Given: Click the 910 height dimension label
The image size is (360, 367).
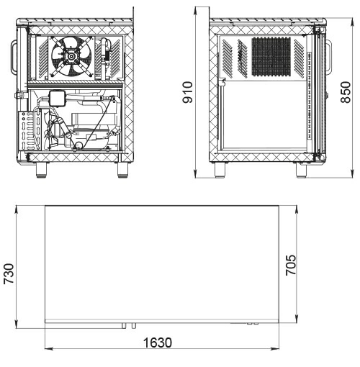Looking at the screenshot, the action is tap(188, 92).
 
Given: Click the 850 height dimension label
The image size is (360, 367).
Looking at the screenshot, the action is tap(346, 92).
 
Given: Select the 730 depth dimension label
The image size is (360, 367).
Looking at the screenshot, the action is tap(9, 273).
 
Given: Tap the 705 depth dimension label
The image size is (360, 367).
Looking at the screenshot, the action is tap(291, 265).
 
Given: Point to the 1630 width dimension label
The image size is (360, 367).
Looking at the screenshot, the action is tap(158, 343).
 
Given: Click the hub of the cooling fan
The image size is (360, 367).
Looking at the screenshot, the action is tap(71, 57).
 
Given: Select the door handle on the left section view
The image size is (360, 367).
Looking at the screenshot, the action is tap(14, 57).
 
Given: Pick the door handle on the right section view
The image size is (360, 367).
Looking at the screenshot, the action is tap(329, 56).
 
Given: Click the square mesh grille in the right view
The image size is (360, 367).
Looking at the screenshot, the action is tap(271, 57).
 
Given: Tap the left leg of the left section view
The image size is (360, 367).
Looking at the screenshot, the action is tap(41, 170).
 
